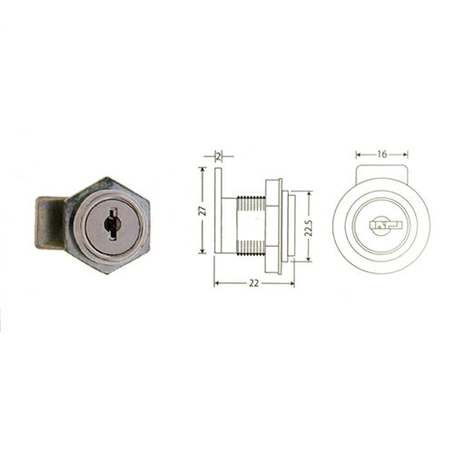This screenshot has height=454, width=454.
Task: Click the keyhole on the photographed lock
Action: (112, 224)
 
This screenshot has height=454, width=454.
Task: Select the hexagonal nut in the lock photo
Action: (108, 225)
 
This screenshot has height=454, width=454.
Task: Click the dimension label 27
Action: (203, 210)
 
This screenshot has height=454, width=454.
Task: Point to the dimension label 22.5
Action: (309, 228)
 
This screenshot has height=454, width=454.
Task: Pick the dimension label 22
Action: (254, 283)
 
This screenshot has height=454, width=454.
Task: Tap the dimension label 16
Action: (382, 154)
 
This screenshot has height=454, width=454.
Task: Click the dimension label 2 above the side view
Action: (219, 156)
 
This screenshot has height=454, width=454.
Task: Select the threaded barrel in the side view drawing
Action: (252, 226)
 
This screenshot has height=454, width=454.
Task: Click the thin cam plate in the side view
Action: (218, 210)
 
